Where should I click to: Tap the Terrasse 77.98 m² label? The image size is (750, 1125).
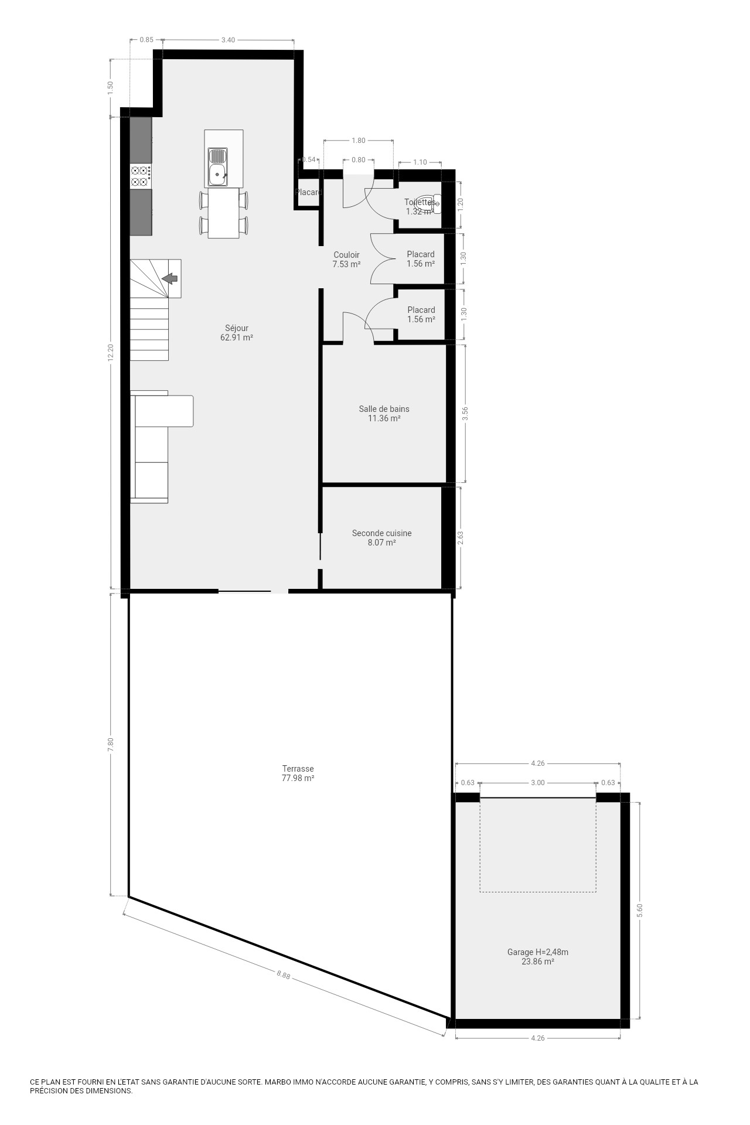pyautogui.click(x=298, y=773)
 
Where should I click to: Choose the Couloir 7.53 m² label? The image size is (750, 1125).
pyautogui.click(x=346, y=260)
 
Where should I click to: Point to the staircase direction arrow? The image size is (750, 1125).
pyautogui.click(x=170, y=279)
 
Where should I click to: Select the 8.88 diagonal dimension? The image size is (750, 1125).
pyautogui.click(x=284, y=975)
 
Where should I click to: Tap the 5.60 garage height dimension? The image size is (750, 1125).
pyautogui.click(x=640, y=910)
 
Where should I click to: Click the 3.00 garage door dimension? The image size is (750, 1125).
pyautogui.click(x=537, y=783)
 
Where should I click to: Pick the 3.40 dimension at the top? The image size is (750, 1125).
pyautogui.click(x=228, y=40)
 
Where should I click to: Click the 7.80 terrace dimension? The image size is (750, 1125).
pyautogui.click(x=111, y=745)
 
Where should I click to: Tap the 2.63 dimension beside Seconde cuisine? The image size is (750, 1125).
pyautogui.click(x=461, y=538)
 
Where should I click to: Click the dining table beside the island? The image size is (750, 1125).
pyautogui.click(x=224, y=213)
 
